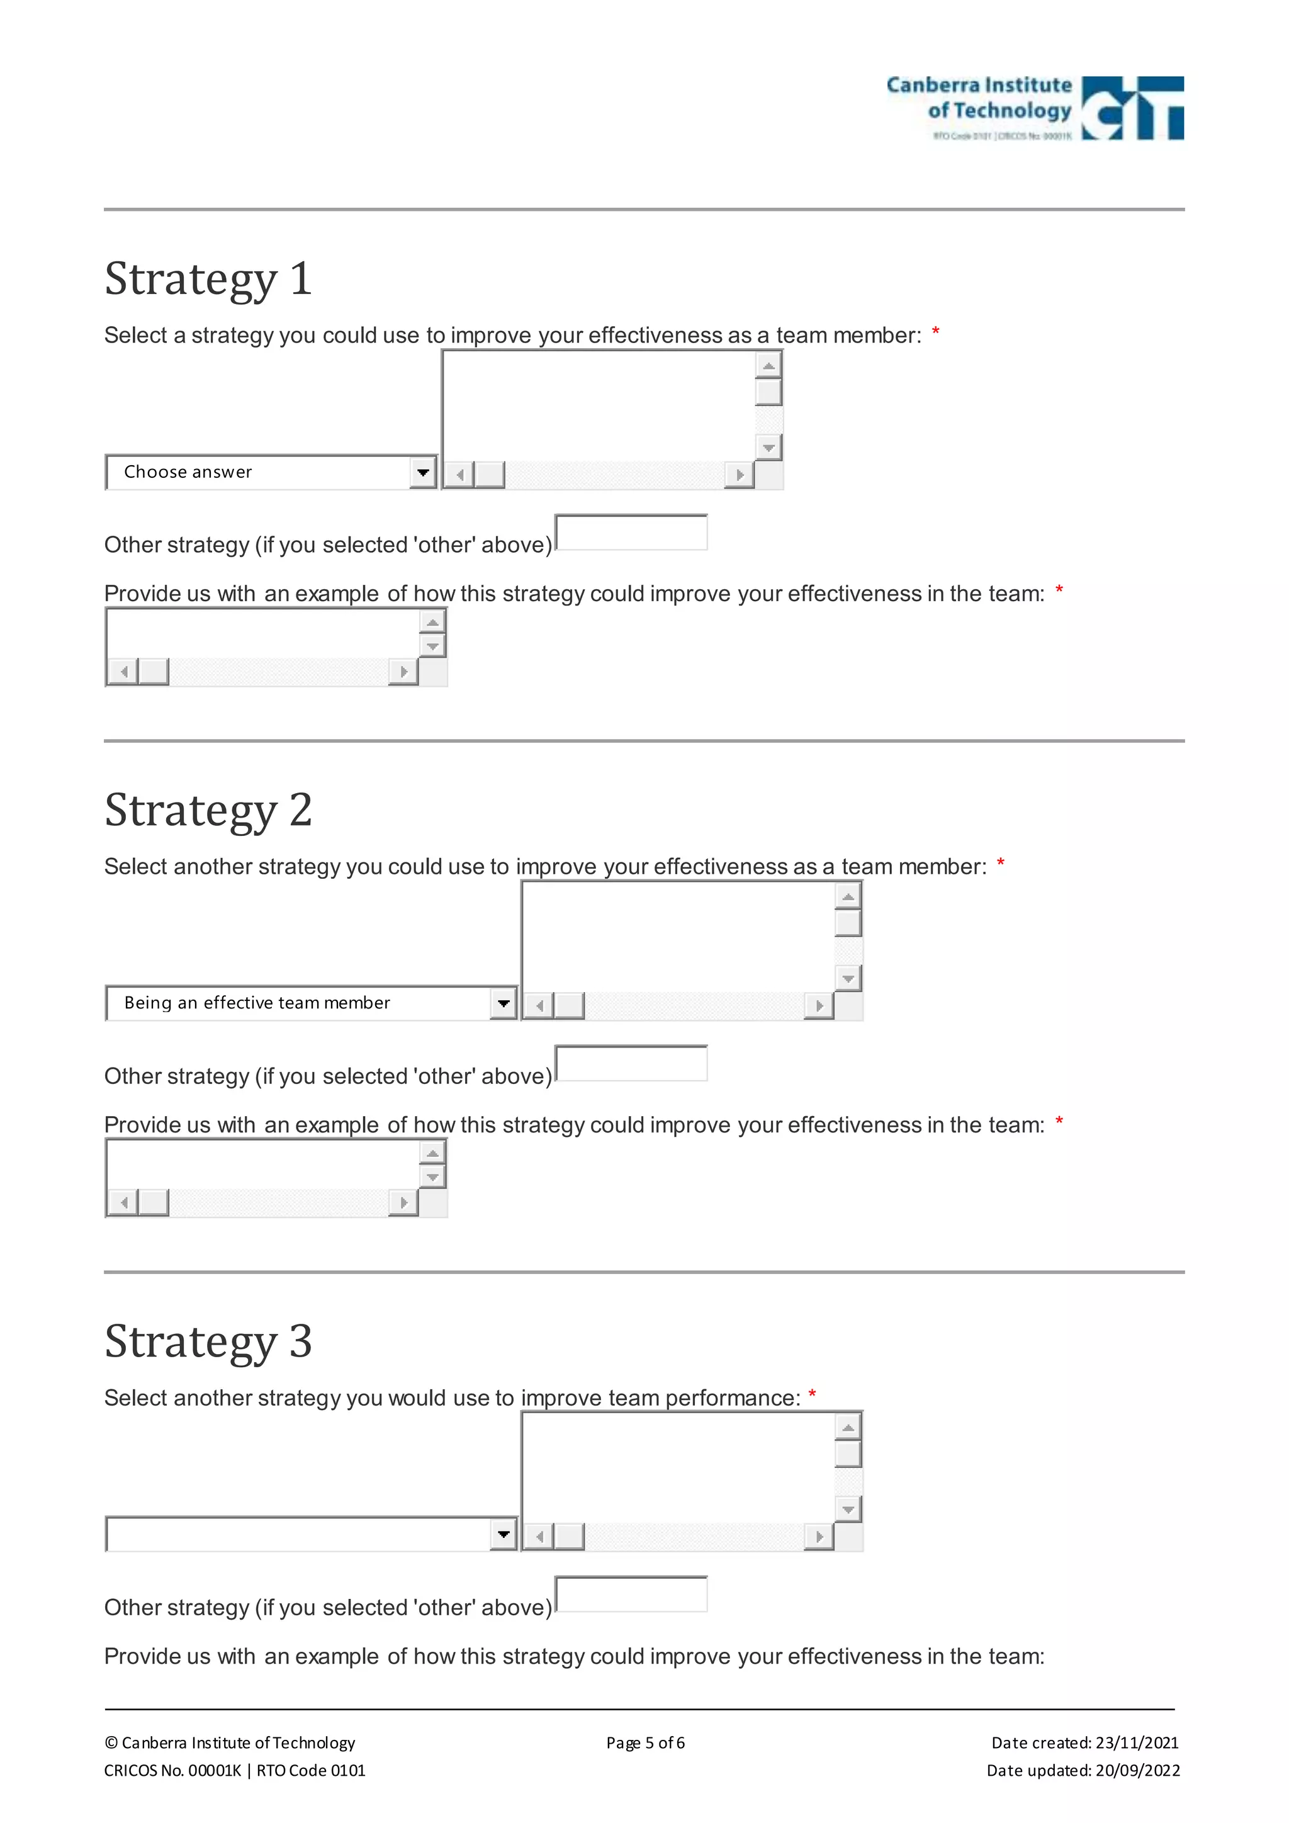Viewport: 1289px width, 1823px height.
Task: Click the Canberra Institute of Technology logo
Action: (1034, 109)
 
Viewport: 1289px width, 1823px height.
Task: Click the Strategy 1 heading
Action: (208, 279)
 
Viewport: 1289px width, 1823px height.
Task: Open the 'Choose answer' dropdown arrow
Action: (423, 472)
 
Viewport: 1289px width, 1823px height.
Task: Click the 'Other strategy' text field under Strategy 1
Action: (631, 533)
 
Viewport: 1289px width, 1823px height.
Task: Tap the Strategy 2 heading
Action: (208, 810)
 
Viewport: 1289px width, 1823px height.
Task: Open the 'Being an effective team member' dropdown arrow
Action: (504, 1003)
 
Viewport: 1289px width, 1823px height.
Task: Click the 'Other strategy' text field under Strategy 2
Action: (631, 1064)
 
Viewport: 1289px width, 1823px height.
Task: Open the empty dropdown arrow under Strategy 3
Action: (504, 1535)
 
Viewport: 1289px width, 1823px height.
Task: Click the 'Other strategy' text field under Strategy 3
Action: (631, 1595)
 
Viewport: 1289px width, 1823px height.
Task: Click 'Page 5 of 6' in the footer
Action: (645, 1743)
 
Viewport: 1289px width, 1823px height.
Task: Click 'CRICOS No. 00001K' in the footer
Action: (172, 1771)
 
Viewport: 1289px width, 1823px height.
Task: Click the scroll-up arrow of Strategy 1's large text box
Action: (768, 365)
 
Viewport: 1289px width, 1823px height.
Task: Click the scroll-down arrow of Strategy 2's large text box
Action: (848, 978)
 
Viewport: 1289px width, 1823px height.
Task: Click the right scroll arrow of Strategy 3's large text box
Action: (819, 1537)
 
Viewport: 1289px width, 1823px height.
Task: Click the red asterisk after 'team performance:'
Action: (812, 1394)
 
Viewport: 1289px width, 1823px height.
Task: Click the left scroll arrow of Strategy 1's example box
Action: (123, 672)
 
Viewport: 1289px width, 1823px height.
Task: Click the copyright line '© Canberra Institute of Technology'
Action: (229, 1743)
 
